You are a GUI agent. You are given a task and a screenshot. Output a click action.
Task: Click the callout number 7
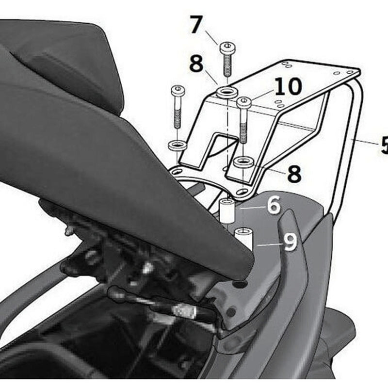click(195, 25)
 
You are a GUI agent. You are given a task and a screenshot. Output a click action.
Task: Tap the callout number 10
click(288, 87)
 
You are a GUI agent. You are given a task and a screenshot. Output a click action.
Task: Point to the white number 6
click(274, 206)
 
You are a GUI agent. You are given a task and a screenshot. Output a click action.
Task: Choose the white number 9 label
click(290, 242)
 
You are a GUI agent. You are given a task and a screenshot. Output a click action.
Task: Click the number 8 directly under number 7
click(196, 65)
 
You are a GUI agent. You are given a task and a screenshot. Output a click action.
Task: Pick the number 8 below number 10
click(294, 174)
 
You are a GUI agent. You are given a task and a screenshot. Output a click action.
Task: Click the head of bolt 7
click(227, 48)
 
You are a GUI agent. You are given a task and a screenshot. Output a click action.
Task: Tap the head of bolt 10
click(244, 102)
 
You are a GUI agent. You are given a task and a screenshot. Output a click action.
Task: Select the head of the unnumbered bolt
click(178, 90)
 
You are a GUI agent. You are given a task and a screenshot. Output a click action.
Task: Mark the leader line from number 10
click(262, 97)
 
